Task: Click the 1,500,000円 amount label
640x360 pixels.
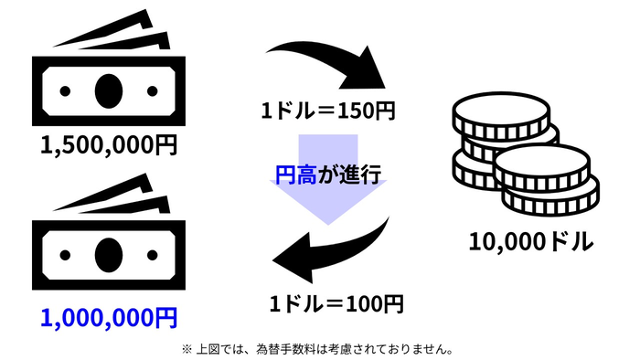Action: pyautogui.click(x=109, y=144)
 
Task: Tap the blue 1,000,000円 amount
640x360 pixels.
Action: pyautogui.click(x=109, y=317)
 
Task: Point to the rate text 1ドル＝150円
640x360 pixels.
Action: pyautogui.click(x=327, y=112)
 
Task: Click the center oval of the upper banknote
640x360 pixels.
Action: pyautogui.click(x=107, y=89)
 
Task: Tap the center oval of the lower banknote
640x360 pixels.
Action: pyautogui.click(x=108, y=250)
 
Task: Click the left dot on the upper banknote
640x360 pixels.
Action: pyautogui.click(x=66, y=90)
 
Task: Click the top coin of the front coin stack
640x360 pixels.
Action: pyautogui.click(x=543, y=162)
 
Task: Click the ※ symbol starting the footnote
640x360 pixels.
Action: pyautogui.click(x=187, y=348)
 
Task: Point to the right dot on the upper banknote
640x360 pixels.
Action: pyautogui.click(x=148, y=90)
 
